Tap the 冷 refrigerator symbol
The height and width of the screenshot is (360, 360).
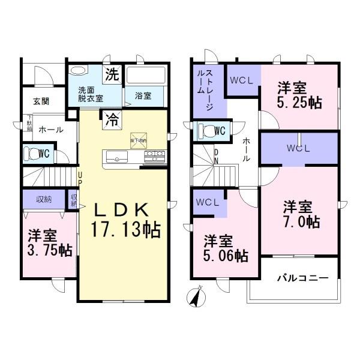(x=112, y=119)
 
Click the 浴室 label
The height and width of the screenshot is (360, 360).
(x=142, y=95)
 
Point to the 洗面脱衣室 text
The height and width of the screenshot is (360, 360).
(x=90, y=94)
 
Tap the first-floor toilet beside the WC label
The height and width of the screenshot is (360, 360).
(x=30, y=154)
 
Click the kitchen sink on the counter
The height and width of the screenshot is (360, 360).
(x=116, y=157)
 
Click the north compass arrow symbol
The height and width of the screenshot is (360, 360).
(x=196, y=297)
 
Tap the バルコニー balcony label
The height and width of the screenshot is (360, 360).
(x=302, y=278)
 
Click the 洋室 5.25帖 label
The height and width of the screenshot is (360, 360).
(x=298, y=95)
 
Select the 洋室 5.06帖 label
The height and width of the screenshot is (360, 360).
(x=225, y=248)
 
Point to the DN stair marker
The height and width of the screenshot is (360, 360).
(x=217, y=157)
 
